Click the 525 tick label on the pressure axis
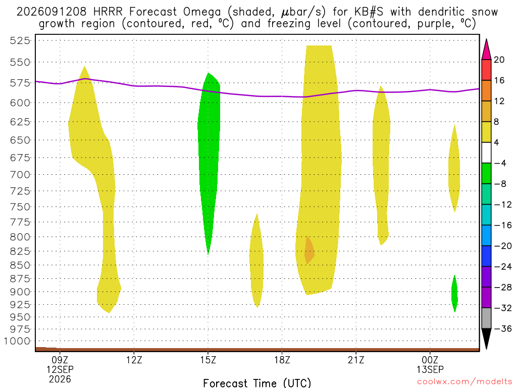click(x=20, y=40)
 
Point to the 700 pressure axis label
click(x=20, y=174)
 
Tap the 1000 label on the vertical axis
click(x=17, y=341)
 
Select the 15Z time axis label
click(x=208, y=360)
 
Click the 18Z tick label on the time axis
click(x=282, y=360)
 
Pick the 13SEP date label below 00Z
click(x=430, y=369)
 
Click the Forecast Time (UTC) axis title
click(x=257, y=383)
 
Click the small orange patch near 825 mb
click(x=309, y=251)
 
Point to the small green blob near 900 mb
click(x=455, y=294)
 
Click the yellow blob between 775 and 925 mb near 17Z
click(x=256, y=261)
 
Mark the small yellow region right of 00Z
click(x=454, y=168)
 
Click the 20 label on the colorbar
click(x=499, y=60)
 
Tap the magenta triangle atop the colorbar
click(x=486, y=50)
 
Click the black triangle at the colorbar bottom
click(x=486, y=338)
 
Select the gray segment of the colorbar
click(x=486, y=318)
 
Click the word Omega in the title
click(x=202, y=12)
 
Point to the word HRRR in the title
click(x=108, y=12)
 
